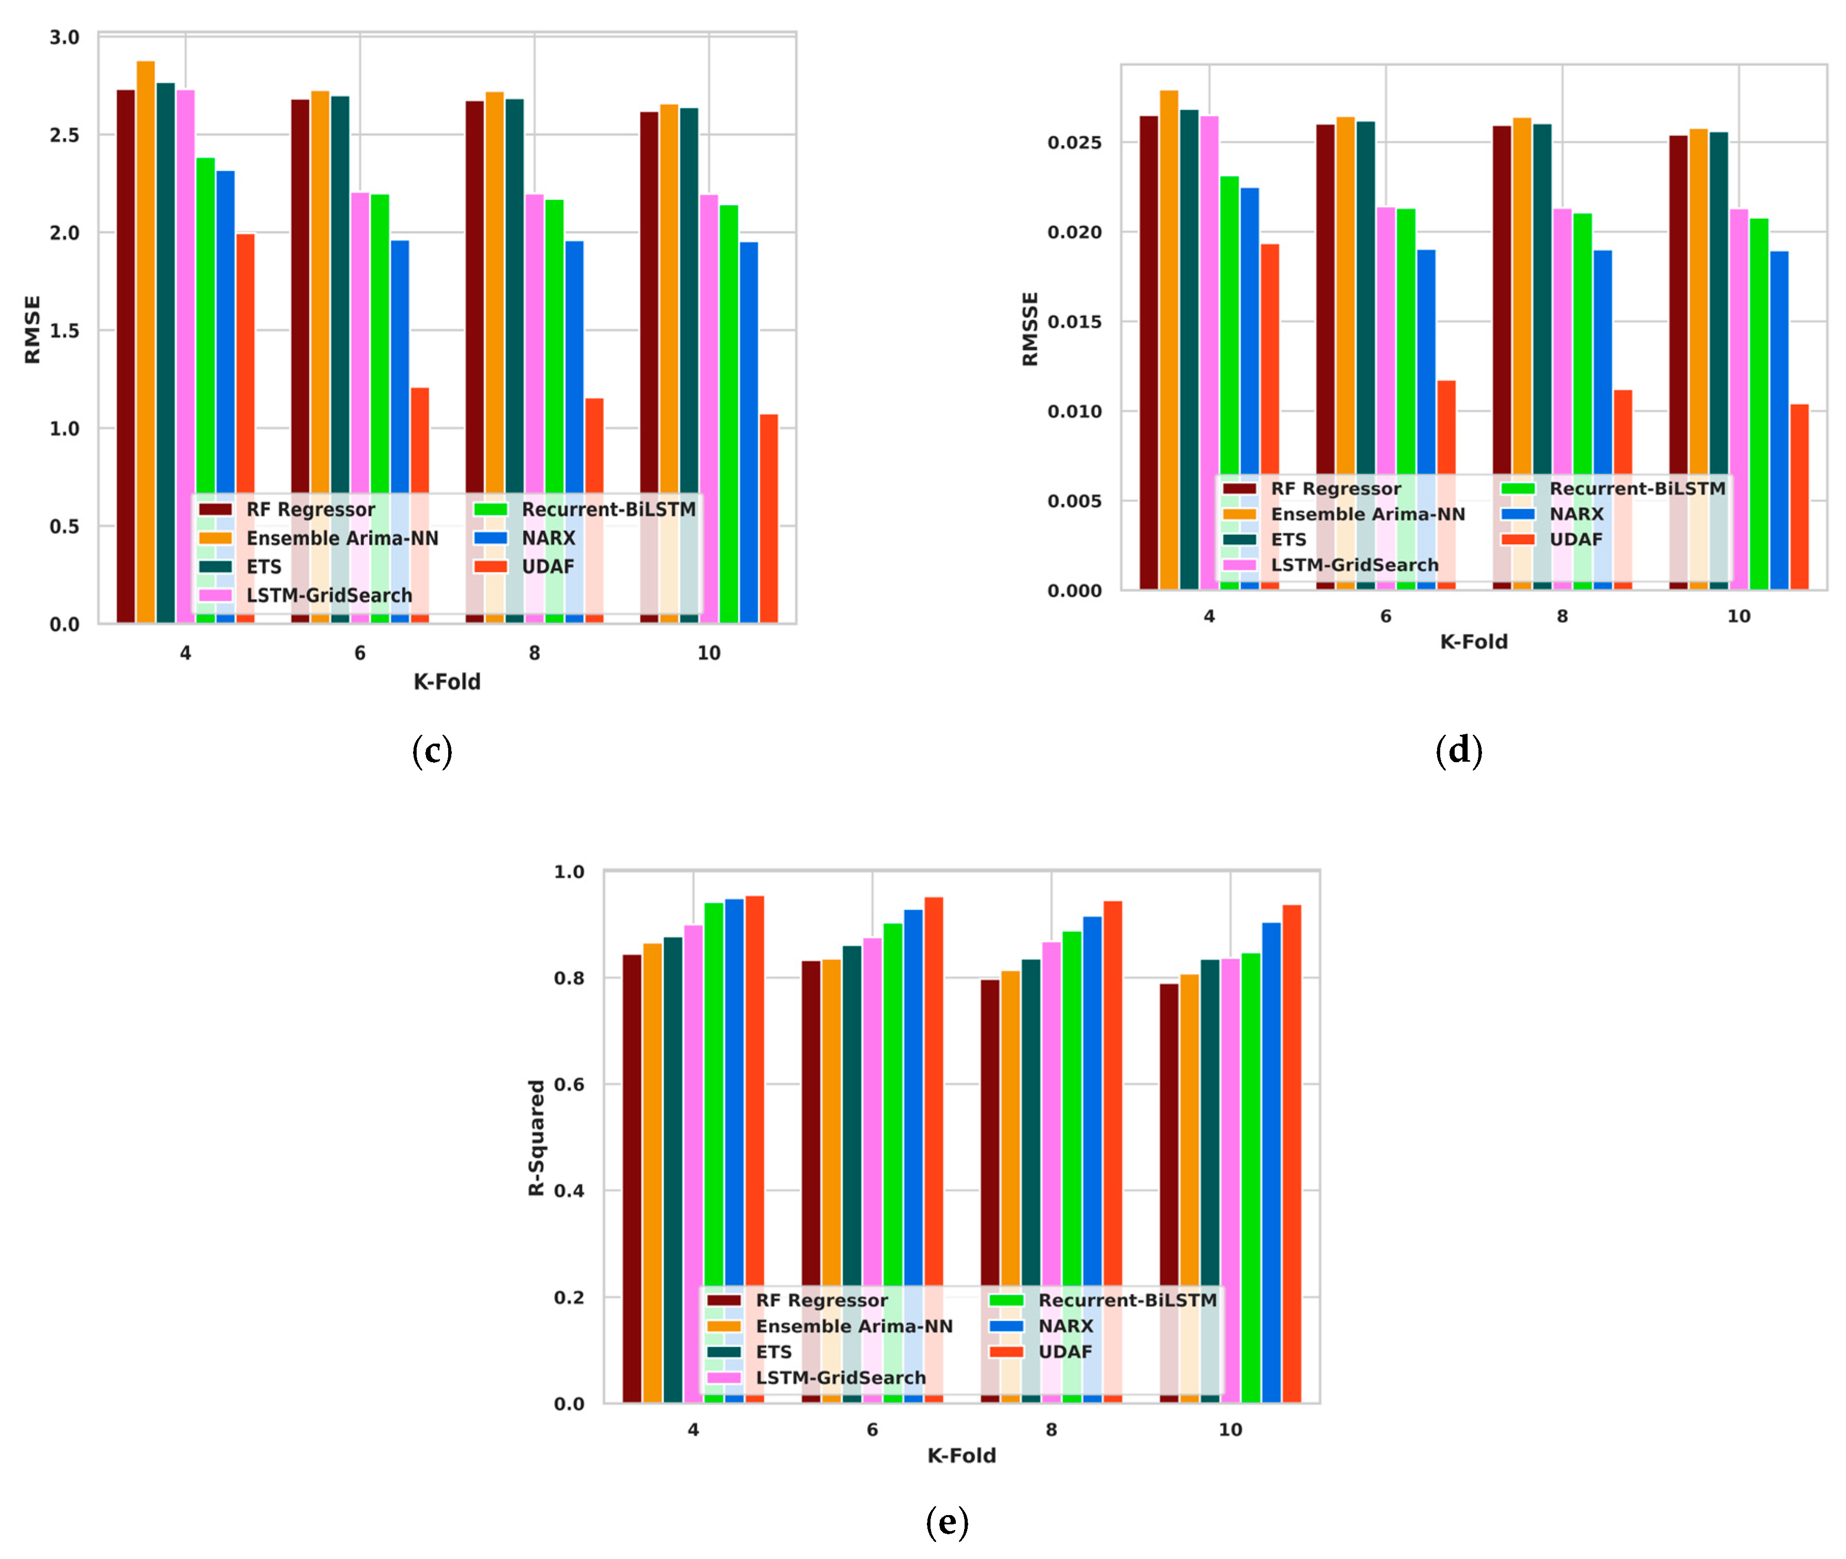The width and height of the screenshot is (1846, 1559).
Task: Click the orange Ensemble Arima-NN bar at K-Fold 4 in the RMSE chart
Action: coord(145,265)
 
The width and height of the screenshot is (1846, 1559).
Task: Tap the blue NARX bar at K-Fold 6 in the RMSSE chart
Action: coord(1425,371)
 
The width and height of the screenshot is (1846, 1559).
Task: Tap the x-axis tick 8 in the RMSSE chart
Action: coord(1561,616)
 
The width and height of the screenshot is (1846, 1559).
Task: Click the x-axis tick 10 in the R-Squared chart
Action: coord(1230,1429)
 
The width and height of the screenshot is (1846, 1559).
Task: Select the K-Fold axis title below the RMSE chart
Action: coord(447,682)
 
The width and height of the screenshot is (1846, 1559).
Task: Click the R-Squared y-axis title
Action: coord(536,1137)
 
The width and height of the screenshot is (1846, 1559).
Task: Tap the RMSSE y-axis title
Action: coord(1029,329)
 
